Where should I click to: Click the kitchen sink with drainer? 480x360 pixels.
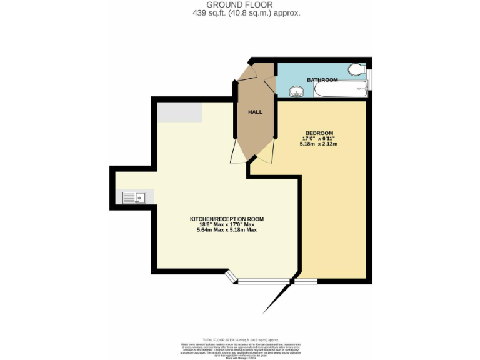coord(134,198)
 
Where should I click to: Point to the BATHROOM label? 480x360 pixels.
coord(322,80)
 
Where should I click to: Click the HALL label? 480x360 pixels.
coord(255,112)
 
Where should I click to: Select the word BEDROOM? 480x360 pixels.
coord(319,132)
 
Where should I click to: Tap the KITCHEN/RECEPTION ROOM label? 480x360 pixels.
coord(227,219)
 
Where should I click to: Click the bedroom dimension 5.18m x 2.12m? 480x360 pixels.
coord(319,144)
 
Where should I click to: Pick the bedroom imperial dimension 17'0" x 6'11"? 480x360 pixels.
coord(319,138)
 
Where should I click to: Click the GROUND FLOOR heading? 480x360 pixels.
coord(239,5)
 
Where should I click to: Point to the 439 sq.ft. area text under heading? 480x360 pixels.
coord(239,12)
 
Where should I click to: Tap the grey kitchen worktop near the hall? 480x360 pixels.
coord(179,112)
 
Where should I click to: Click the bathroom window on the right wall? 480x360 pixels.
coord(369,80)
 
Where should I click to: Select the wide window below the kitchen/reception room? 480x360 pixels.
coord(262,281)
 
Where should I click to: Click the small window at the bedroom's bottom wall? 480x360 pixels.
coord(306,281)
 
